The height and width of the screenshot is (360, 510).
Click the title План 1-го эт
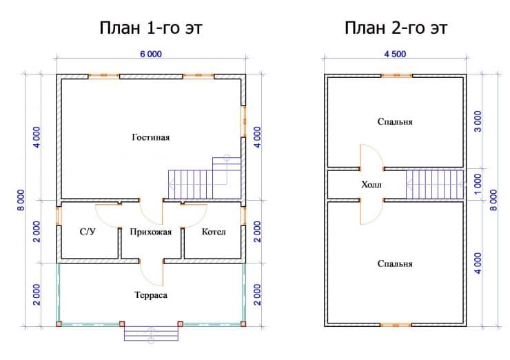tap(151, 28)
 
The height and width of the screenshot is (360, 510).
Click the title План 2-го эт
tap(396, 28)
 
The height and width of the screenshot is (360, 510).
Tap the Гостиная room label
tap(151, 137)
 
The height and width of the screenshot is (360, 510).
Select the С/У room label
tap(88, 232)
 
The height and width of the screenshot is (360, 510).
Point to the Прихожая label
tap(151, 232)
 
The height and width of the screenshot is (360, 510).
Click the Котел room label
tap(214, 232)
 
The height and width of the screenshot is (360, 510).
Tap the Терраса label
tap(151, 295)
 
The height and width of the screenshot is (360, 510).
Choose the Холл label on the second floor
tap(371, 185)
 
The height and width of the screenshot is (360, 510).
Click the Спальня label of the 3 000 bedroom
tap(395, 122)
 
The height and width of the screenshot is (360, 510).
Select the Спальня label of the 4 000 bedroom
tap(395, 263)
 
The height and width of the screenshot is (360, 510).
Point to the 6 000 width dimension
tap(151, 54)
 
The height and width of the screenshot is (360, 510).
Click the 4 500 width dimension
tap(395, 54)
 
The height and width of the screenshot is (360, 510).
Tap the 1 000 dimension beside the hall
tap(478, 185)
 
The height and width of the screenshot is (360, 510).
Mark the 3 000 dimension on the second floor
tap(478, 122)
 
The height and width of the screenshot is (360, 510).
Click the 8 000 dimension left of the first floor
tap(21, 200)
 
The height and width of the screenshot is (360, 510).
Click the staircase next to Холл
tap(435, 184)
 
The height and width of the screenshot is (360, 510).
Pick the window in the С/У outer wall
tap(59, 216)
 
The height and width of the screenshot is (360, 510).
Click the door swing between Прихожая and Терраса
tap(151, 273)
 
